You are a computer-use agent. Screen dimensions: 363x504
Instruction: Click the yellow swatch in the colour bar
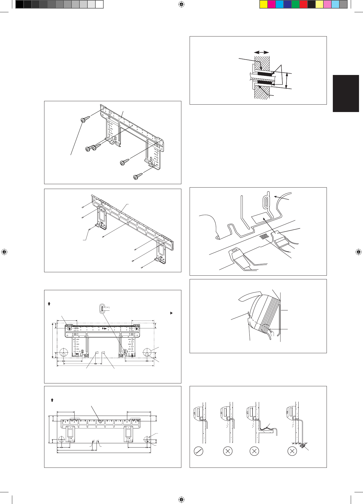(x=264, y=4)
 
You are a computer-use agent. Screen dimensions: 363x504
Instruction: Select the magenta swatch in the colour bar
(x=272, y=4)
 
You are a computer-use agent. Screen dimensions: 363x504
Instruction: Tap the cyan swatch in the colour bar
(x=280, y=4)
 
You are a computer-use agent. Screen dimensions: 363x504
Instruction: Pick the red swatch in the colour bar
(x=303, y=4)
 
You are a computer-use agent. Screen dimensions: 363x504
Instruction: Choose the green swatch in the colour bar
(x=296, y=4)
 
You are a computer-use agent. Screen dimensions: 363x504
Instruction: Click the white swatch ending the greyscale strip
(x=99, y=4)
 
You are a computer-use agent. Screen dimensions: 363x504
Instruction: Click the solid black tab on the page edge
(x=346, y=94)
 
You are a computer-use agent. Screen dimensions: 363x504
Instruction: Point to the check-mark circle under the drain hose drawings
(x=198, y=451)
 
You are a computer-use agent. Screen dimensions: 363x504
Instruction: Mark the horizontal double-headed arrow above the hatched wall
(x=261, y=52)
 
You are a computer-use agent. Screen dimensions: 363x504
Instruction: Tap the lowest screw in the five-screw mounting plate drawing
(x=138, y=177)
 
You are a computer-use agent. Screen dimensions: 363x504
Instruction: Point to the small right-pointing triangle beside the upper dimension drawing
(x=171, y=313)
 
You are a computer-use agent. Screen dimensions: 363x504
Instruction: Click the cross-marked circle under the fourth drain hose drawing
(x=292, y=451)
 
